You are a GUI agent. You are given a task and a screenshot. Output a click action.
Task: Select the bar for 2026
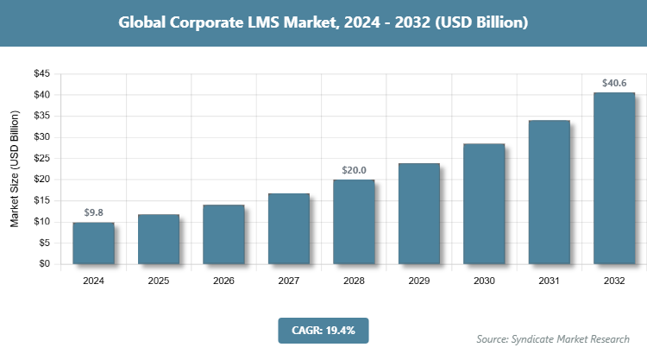click(223, 235)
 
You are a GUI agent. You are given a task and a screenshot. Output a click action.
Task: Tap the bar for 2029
click(418, 214)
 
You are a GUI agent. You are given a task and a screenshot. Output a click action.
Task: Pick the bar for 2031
click(549, 193)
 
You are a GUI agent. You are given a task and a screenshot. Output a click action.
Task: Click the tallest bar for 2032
click(614, 178)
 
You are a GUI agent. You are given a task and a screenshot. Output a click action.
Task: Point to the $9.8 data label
click(93, 212)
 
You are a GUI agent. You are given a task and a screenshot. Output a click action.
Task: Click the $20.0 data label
click(354, 170)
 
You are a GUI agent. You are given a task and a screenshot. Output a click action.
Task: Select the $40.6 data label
click(614, 84)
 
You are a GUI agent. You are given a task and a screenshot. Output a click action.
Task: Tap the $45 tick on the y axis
click(41, 73)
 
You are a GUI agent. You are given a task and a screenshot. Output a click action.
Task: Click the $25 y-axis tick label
click(41, 158)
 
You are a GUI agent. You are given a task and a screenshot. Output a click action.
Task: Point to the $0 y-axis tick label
click(43, 264)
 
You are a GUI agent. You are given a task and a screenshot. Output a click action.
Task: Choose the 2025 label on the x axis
click(158, 281)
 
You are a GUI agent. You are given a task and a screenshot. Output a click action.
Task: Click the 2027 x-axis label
click(288, 281)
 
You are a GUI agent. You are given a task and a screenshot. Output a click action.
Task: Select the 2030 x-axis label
click(484, 281)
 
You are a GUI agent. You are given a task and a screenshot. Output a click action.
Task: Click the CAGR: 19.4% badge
click(323, 330)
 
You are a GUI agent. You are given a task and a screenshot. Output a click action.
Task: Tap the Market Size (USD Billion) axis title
click(15, 169)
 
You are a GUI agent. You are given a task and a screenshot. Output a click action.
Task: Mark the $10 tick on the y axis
click(41, 222)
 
